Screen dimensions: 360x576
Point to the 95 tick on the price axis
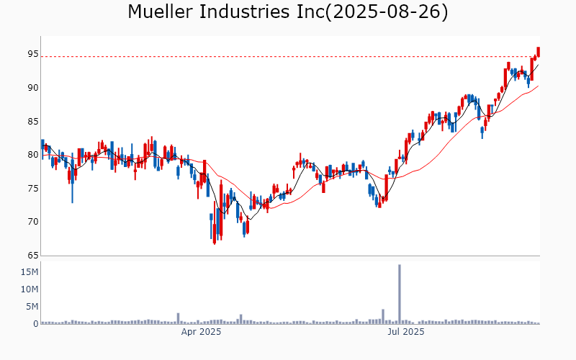(x=33, y=54)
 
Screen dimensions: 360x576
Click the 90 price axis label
(x=33, y=88)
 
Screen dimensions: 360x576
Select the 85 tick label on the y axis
(x=33, y=121)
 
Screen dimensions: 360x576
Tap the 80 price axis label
(x=33, y=155)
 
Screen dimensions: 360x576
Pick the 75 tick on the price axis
(x=33, y=189)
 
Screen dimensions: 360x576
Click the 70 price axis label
(x=33, y=222)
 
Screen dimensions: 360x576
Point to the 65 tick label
(x=33, y=256)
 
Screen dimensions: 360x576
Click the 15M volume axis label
(x=30, y=272)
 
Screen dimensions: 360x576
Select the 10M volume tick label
(x=30, y=289)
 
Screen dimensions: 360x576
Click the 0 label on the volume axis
(x=35, y=324)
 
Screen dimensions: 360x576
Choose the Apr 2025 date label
(x=200, y=332)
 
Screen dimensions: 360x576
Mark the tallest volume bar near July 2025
(x=400, y=294)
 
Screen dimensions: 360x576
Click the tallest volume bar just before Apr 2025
(x=178, y=318)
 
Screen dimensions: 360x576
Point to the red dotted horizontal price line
(x=288, y=56)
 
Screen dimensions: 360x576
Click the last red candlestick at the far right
(x=539, y=52)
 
